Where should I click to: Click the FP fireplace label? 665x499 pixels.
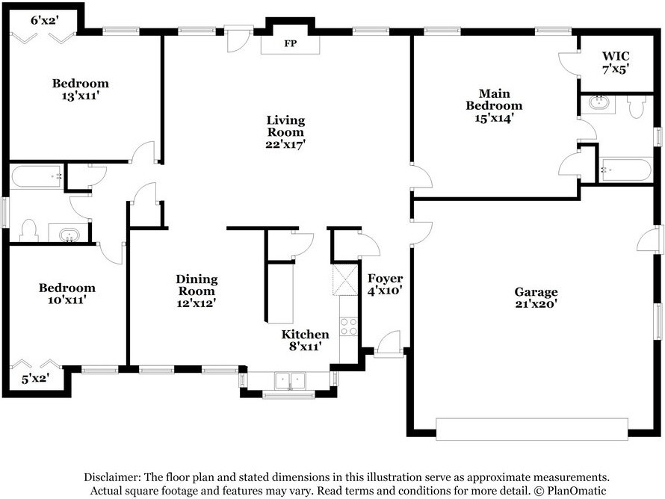coord(291,43)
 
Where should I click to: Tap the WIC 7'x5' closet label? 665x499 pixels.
coord(616,62)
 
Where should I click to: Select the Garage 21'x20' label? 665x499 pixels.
coord(536,297)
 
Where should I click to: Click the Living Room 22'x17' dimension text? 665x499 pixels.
coord(285,144)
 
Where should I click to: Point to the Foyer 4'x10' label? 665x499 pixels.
coord(385,284)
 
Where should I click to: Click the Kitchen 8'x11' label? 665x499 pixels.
coord(305,341)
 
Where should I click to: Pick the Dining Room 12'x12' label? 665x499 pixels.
coord(197,291)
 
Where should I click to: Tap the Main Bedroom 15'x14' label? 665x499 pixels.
coord(494,105)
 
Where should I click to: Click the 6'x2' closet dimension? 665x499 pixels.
coord(43,20)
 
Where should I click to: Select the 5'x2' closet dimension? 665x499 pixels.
coord(36,378)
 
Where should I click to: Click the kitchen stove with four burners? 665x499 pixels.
coord(349,326)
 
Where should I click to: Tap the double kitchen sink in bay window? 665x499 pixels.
coord(290,380)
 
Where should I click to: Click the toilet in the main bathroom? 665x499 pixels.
coord(636,106)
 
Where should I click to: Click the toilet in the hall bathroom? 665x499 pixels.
coord(29,231)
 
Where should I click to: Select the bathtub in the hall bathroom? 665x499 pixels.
coord(37,177)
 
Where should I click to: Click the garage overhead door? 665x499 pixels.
coord(532,429)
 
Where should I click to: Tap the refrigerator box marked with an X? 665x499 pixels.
coord(344,280)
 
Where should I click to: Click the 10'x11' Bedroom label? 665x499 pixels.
coord(67,294)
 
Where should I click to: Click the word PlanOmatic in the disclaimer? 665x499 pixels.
coord(576,491)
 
